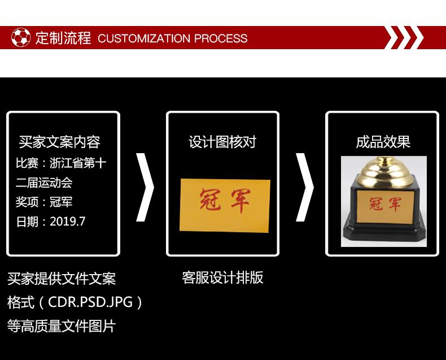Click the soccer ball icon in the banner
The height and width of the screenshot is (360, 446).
21,37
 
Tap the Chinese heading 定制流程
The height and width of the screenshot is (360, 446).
63,38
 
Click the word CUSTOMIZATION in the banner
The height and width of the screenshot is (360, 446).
144,38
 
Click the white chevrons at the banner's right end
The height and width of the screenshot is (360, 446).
404,37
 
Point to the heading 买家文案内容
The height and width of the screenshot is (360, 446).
60,142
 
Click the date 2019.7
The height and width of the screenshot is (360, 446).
67,222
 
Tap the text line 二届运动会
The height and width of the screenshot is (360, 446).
44,183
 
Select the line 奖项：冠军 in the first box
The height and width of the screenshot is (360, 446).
44,202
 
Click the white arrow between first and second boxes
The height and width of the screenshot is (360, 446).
145,187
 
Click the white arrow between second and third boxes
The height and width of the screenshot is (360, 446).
305,187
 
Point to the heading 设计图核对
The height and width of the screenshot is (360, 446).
222,142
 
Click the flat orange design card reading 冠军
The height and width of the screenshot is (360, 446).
225,205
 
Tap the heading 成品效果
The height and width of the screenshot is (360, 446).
383,142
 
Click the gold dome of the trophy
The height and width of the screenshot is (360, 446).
383,171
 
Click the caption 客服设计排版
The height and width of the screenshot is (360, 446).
222,277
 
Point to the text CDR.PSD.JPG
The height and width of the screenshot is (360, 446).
90,302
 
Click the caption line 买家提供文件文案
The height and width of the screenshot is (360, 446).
62,279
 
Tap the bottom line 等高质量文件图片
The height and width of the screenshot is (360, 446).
62,326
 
